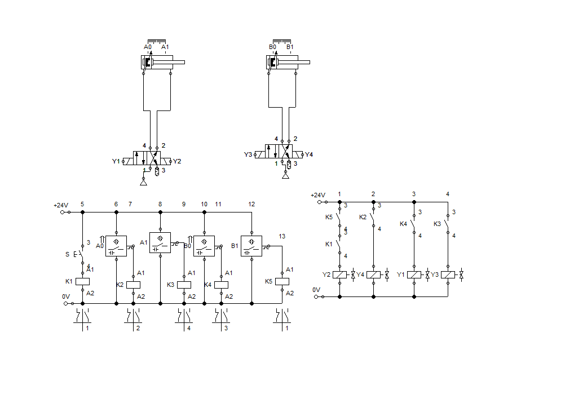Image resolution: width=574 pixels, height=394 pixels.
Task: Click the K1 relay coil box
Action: pyautogui.click(x=82, y=281)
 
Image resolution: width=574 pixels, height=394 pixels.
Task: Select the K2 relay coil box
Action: pyautogui.click(x=133, y=285)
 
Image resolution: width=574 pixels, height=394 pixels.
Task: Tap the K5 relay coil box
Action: pyautogui.click(x=282, y=281)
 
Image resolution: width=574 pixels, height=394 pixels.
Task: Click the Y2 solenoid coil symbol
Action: pyautogui.click(x=339, y=275)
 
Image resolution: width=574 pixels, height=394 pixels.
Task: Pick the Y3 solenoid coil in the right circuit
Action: pyautogui.click(x=448, y=275)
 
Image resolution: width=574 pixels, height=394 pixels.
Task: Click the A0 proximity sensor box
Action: pyautogui.click(x=116, y=246)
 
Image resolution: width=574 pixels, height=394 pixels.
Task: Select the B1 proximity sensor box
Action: pyautogui.click(x=251, y=246)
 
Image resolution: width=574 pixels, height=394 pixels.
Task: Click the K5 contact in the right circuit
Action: pyautogui.click(x=338, y=217)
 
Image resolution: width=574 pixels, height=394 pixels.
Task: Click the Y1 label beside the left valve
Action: pyautogui.click(x=116, y=162)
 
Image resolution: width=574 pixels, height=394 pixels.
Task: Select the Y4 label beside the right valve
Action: pyautogui.click(x=308, y=154)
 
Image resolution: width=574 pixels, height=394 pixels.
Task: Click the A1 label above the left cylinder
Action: pyautogui.click(x=165, y=47)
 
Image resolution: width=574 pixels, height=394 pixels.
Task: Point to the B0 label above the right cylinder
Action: pyautogui.click(x=272, y=47)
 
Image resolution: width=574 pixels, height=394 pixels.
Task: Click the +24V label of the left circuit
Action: pyautogui.click(x=60, y=205)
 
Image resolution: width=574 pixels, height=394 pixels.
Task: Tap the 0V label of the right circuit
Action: pyautogui.click(x=316, y=290)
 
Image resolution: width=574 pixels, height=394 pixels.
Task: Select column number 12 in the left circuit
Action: pyautogui.click(x=251, y=204)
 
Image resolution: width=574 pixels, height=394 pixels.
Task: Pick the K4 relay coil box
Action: pyautogui.click(x=221, y=285)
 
